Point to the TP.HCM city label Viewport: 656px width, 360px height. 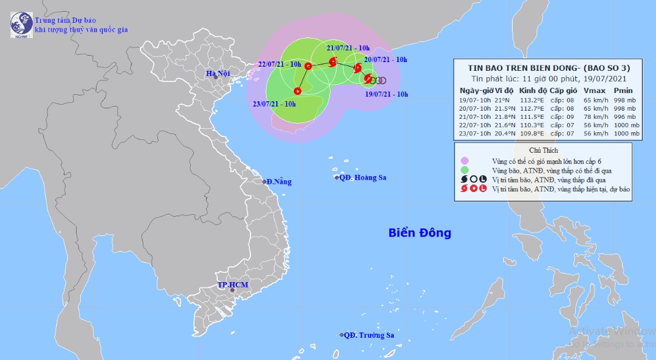pyautogui.click(x=232, y=285)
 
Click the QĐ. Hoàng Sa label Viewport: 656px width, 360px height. pyautogui.click(x=362, y=177)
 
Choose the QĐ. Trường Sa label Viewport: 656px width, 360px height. pyautogui.click(x=368, y=335)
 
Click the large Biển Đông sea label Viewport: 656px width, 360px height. pyautogui.click(x=420, y=233)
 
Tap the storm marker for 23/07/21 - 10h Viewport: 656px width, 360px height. pyautogui.click(x=297, y=91)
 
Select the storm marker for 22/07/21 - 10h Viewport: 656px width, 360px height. pyautogui.click(x=307, y=67)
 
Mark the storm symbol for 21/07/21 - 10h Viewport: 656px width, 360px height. pyautogui.click(x=333, y=61)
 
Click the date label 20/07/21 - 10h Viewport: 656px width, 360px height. pyautogui.click(x=386, y=60)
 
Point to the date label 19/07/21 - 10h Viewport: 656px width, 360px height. pyautogui.click(x=386, y=94)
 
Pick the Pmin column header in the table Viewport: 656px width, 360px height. pyautogui.click(x=623, y=90)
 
